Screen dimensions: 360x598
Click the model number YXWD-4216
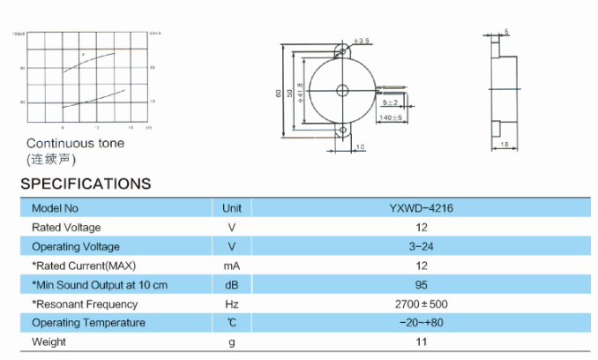pos(421,208)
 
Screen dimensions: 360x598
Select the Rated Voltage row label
pos(66,228)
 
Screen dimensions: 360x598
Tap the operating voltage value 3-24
pos(421,246)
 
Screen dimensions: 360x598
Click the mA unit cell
pos(232,266)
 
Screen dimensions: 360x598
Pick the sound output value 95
pos(421,285)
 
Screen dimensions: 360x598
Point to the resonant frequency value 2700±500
pos(421,304)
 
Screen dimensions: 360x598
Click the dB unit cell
pos(232,285)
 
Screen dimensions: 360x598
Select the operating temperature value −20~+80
pos(421,323)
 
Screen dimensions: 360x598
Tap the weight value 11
pos(421,341)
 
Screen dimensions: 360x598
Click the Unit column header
pos(232,208)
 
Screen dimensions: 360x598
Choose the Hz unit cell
pos(232,304)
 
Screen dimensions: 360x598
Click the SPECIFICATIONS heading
pos(86,184)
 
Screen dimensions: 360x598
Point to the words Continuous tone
pos(75,143)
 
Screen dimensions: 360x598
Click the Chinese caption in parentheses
pos(51,159)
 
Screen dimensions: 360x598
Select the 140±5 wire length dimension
pos(391,116)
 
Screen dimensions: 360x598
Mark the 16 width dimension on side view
pos(505,143)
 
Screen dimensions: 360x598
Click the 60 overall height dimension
pos(278,92)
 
